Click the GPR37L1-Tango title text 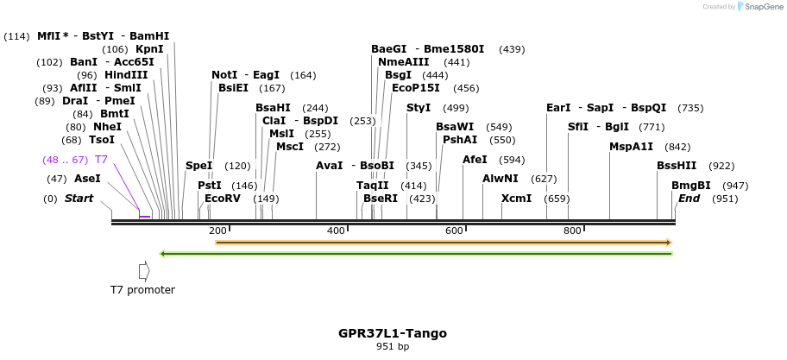(393, 333)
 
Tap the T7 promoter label (142, 290)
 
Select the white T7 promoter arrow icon (143, 270)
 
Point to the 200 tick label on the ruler (217, 231)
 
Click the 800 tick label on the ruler (572, 231)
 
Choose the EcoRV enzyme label (223, 199)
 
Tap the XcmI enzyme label (516, 199)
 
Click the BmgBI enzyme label (691, 186)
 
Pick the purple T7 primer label (101, 160)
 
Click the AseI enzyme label (87, 179)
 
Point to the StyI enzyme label (419, 108)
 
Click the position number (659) (557, 199)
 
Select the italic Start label (79, 199)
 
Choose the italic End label (689, 199)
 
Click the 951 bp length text (393, 347)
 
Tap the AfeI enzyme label (475, 160)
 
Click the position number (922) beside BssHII (721, 166)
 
